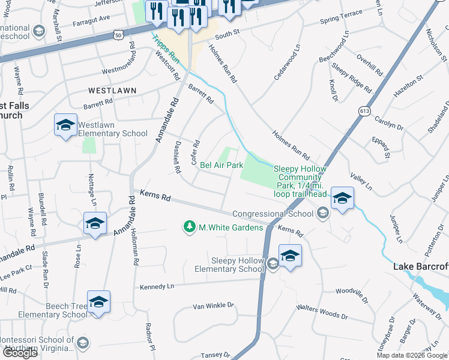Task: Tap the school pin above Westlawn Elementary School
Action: (x=65, y=125)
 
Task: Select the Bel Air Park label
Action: (x=221, y=165)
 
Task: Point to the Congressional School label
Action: (x=274, y=214)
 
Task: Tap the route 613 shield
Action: (x=364, y=111)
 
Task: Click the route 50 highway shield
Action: (x=118, y=35)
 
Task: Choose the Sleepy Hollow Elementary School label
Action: (x=238, y=265)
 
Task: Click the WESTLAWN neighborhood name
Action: (x=112, y=91)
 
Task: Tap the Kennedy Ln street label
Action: (x=157, y=287)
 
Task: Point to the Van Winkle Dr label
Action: (x=212, y=306)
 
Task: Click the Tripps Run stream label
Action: (x=166, y=48)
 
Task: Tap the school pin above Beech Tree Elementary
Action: (x=98, y=303)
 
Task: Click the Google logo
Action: (x=20, y=353)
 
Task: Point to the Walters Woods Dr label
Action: (x=322, y=311)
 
